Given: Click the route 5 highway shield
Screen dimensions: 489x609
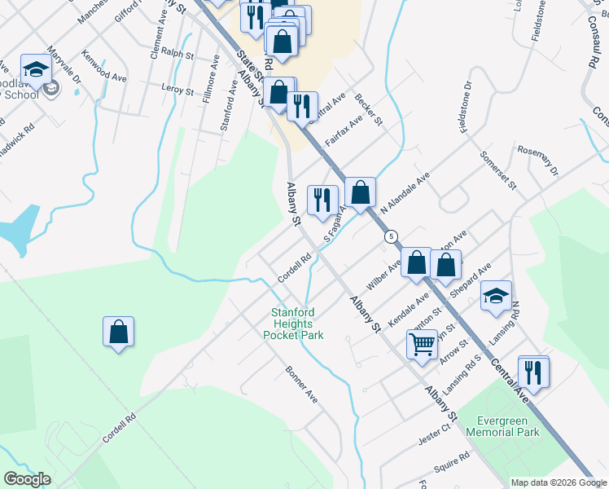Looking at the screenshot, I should click(392, 236).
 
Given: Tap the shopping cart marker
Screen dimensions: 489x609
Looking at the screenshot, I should click(422, 344).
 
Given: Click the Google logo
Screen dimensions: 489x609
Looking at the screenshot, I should click(27, 479).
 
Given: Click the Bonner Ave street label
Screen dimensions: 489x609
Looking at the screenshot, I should click(300, 383).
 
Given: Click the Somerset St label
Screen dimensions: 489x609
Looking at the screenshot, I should click(498, 170).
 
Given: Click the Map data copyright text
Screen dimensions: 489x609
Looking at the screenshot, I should click(559, 482).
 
